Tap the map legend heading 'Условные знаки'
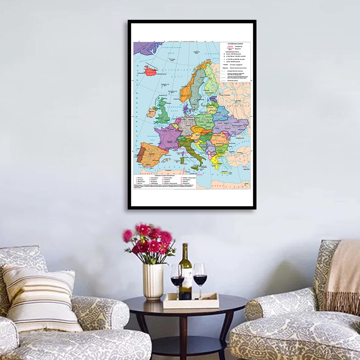click(x=233, y=44)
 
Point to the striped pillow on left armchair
click(x=41, y=297)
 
